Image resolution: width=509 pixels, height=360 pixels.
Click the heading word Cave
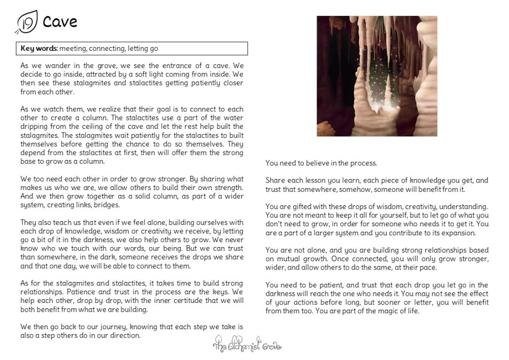(x=60, y=22)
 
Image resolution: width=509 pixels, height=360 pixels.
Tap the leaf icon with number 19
(x=26, y=22)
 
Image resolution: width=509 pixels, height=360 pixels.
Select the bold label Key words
(x=39, y=48)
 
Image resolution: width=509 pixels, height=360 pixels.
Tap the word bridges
(x=106, y=204)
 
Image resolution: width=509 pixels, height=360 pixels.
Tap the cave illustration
(x=377, y=76)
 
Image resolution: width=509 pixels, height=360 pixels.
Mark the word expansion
(x=459, y=232)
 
